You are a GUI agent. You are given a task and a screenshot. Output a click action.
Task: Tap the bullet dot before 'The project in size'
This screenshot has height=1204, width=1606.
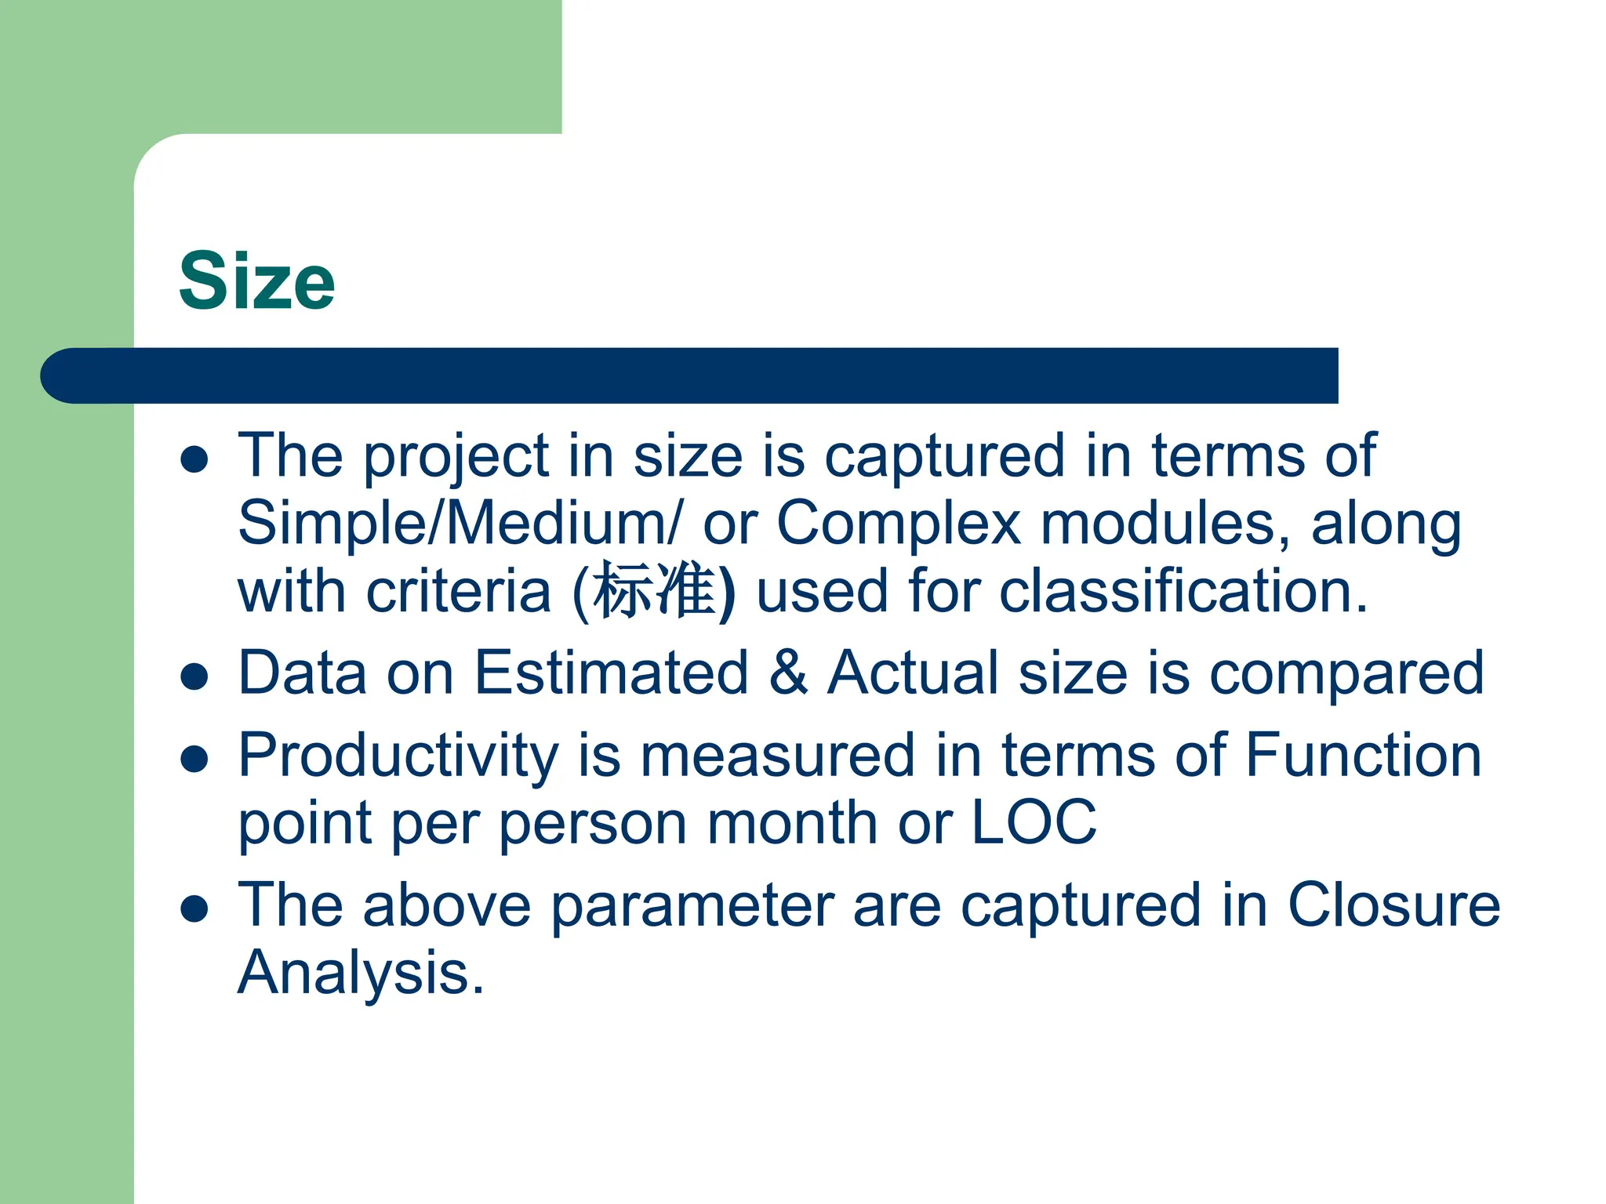click(194, 459)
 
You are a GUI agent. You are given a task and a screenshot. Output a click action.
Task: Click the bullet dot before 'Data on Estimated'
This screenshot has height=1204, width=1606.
click(194, 676)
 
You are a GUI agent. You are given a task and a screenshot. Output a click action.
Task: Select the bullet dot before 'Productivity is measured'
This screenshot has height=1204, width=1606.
click(194, 759)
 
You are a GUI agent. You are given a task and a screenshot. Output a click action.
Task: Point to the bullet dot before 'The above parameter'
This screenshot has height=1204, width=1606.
click(194, 908)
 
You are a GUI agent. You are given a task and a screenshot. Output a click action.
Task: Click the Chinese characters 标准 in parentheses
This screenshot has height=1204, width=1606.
click(653, 590)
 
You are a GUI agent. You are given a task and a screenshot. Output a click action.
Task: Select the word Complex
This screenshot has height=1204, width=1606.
click(899, 524)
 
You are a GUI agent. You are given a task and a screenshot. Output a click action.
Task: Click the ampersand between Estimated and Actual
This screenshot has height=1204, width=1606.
click(787, 673)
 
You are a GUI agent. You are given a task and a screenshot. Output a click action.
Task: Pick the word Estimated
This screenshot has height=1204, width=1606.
click(612, 673)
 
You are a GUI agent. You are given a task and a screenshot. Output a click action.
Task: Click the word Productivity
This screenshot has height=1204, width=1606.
click(398, 756)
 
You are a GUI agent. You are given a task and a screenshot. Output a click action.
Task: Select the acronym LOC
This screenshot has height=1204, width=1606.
click(1034, 822)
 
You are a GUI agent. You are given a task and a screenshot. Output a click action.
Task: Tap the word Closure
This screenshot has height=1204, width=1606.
click(1393, 905)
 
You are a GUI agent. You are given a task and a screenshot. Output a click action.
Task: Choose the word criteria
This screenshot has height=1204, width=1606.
click(459, 590)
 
